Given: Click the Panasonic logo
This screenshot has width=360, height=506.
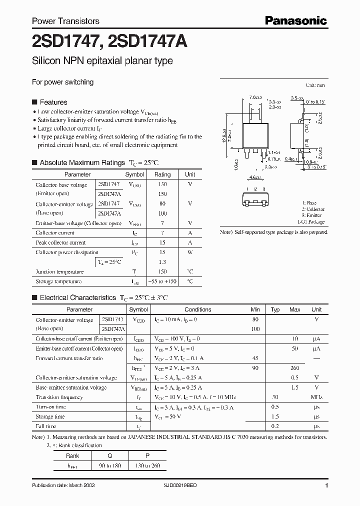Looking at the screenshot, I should tap(295, 20).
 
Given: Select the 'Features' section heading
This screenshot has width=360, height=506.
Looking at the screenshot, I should tap(53, 101).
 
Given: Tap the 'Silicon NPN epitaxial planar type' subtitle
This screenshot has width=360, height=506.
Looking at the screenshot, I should tap(102, 61).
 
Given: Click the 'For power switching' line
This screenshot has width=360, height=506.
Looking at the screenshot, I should tap(62, 82).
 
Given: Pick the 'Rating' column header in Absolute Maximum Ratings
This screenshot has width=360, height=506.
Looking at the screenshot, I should tap(162, 174).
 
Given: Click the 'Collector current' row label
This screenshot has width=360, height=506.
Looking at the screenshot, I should tap(55, 233).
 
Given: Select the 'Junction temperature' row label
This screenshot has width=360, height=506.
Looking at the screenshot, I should tap(59, 272).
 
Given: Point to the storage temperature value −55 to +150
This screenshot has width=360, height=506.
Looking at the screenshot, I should tap(162, 281).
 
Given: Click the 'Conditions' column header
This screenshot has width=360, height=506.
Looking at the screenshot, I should tap(198, 309).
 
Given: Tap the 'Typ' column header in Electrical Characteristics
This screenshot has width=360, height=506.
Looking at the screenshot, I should tap(275, 309).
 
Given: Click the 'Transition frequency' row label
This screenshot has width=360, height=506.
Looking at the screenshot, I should tap(59, 397).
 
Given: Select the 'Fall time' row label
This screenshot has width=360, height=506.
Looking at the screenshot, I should tap(46, 426).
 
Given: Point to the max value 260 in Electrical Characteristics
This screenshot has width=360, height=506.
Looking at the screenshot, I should tap(295, 368).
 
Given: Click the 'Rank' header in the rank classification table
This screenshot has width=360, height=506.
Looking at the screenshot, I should tap(72, 456).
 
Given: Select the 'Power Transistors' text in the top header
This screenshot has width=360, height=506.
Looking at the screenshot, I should tap(65, 21).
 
